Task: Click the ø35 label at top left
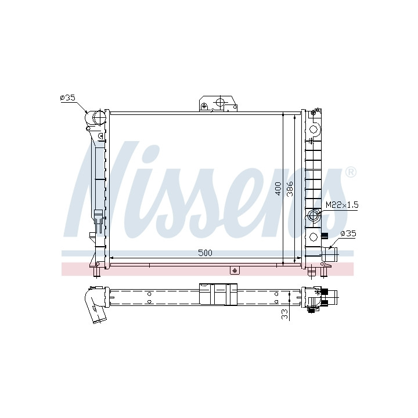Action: tap(68, 98)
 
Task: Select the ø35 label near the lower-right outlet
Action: tap(348, 233)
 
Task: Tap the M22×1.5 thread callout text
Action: tap(343, 205)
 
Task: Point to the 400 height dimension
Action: tap(278, 189)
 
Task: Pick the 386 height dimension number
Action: tap(290, 189)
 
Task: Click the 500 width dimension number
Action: tap(206, 253)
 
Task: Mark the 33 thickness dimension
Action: tap(285, 314)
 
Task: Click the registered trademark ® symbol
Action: tap(351, 172)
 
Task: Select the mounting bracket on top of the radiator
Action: tap(218, 103)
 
